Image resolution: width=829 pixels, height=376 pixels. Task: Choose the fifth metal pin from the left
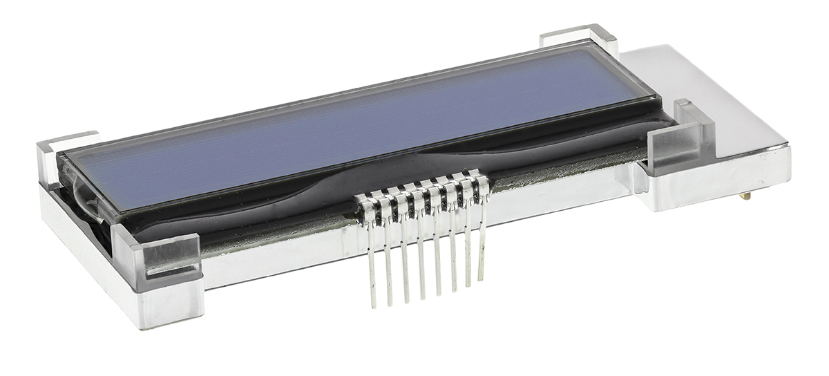tap(437, 259)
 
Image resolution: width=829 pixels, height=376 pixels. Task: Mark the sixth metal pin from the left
tap(452, 256)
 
